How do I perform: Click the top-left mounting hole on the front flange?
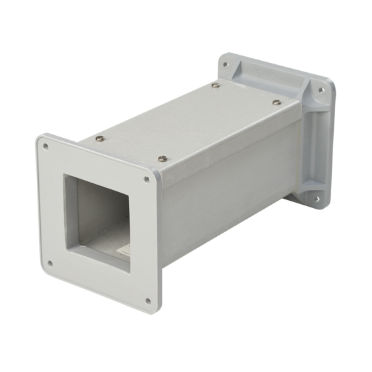pos(45,144)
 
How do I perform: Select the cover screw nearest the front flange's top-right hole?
pos(163,158)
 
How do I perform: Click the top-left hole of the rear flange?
pos(225,65)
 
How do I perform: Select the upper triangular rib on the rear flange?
pos(306,100)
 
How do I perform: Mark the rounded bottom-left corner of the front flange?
pos(43,268)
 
